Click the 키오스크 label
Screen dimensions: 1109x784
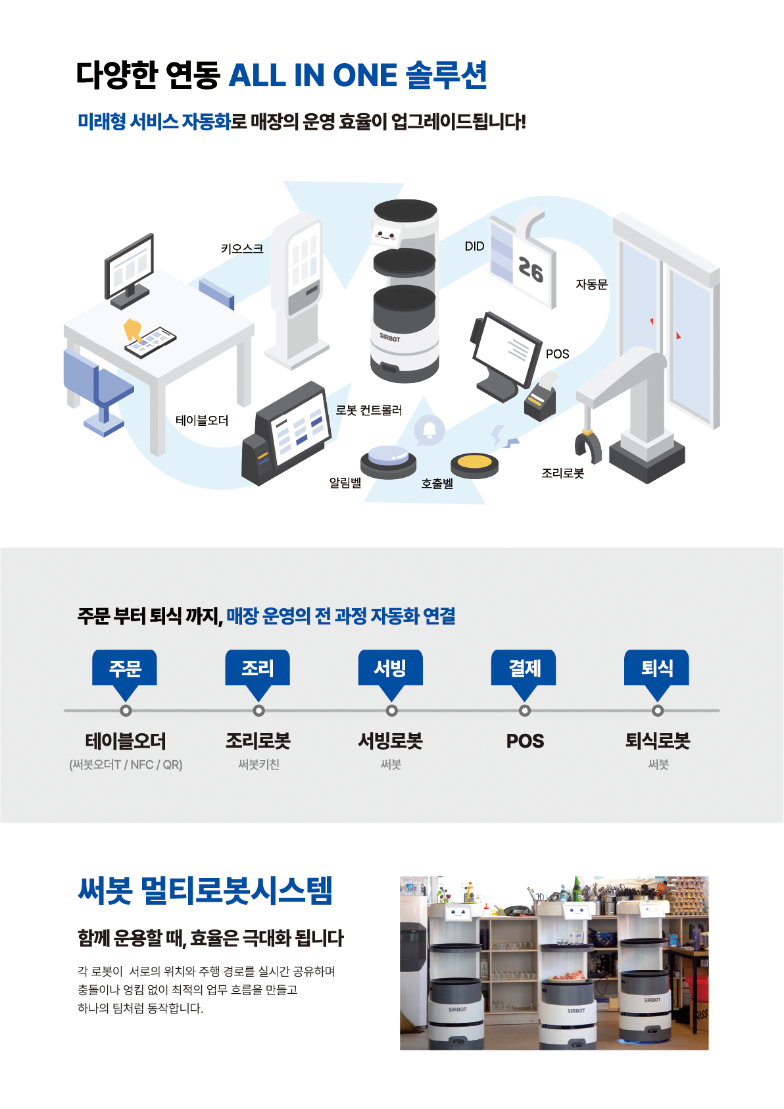242,248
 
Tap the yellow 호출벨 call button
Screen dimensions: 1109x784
474,463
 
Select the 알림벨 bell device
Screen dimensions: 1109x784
388,459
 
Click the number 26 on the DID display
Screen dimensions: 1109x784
531,270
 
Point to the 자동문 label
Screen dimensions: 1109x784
591,284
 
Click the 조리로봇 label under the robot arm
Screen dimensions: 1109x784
562,473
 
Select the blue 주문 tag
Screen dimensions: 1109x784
125,669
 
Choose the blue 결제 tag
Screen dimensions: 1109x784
524,669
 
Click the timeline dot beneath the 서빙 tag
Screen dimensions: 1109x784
392,711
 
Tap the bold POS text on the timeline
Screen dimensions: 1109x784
525,741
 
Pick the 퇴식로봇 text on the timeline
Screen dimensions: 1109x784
657,741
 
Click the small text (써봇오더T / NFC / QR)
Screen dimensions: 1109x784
126,765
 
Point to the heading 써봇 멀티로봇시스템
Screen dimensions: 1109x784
205,891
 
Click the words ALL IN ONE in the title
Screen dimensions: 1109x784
312,76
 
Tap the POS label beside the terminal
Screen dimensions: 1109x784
557,354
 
